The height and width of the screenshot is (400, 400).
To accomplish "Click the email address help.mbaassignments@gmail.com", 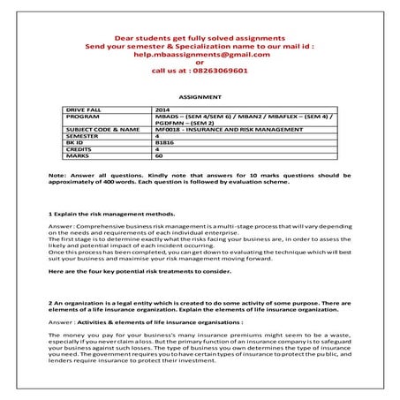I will click(199, 54).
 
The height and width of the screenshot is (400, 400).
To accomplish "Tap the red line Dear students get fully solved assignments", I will click(199, 38).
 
